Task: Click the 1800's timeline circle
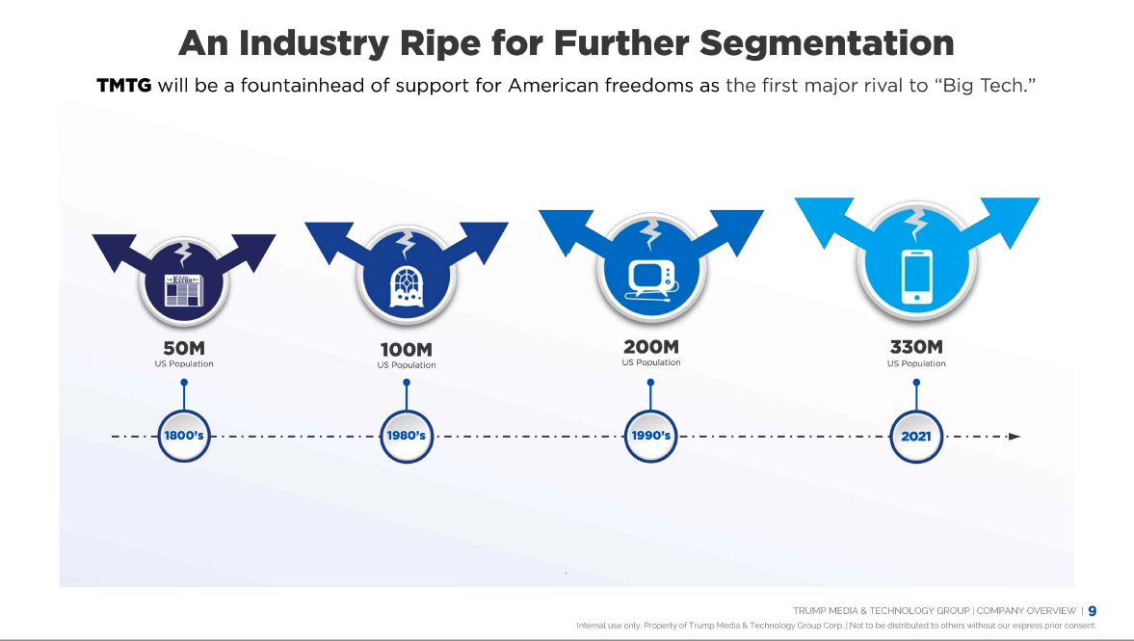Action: [x=183, y=436]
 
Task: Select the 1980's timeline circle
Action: [x=406, y=436]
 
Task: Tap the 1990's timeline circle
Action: [x=650, y=436]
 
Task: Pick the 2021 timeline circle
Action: [x=915, y=436]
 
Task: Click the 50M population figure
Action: [x=183, y=348]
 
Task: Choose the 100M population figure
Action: [x=406, y=349]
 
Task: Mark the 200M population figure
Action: [x=650, y=346]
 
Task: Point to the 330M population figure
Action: [x=915, y=346]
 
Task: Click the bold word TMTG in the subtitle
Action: [x=124, y=85]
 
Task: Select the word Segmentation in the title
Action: [x=827, y=42]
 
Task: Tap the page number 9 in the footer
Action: [x=1092, y=610]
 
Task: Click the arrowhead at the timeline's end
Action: [x=1014, y=437]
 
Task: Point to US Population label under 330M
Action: [x=916, y=363]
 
